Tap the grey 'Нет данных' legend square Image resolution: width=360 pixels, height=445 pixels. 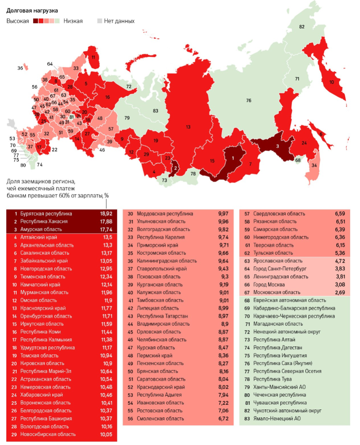click(x=100, y=21)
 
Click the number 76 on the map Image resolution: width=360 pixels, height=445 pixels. click(x=249, y=101)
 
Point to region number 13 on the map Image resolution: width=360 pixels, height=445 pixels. click(x=188, y=127)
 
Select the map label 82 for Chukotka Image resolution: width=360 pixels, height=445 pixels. click(x=302, y=27)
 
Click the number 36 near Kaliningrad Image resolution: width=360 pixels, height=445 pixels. click(x=20, y=68)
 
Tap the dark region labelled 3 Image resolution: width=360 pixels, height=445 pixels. click(x=277, y=146)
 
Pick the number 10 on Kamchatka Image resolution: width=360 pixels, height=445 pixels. click(x=331, y=82)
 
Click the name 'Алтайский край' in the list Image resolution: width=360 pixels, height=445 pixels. click(x=39, y=237)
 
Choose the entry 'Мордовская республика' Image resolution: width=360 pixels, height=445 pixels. click(x=165, y=213)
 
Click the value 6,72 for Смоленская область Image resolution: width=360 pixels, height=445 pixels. click(x=223, y=419)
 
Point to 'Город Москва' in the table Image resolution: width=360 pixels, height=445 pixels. click(x=270, y=284)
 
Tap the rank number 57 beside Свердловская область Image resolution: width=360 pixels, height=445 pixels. click(x=247, y=213)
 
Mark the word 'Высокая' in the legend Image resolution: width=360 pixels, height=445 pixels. click(x=18, y=21)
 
